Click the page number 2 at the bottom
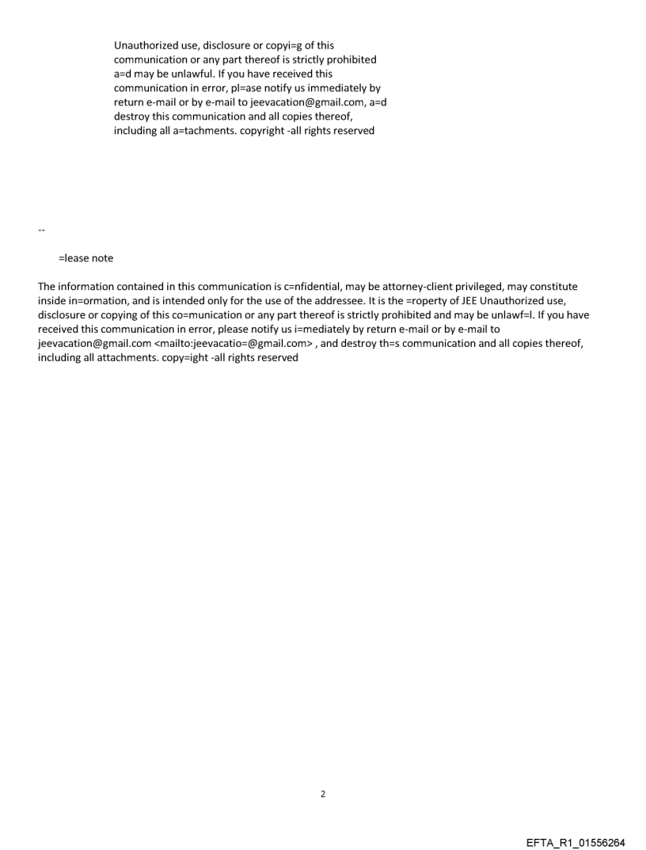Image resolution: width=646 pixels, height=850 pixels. [x=322, y=794]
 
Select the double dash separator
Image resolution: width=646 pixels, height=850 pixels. [x=41, y=230]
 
